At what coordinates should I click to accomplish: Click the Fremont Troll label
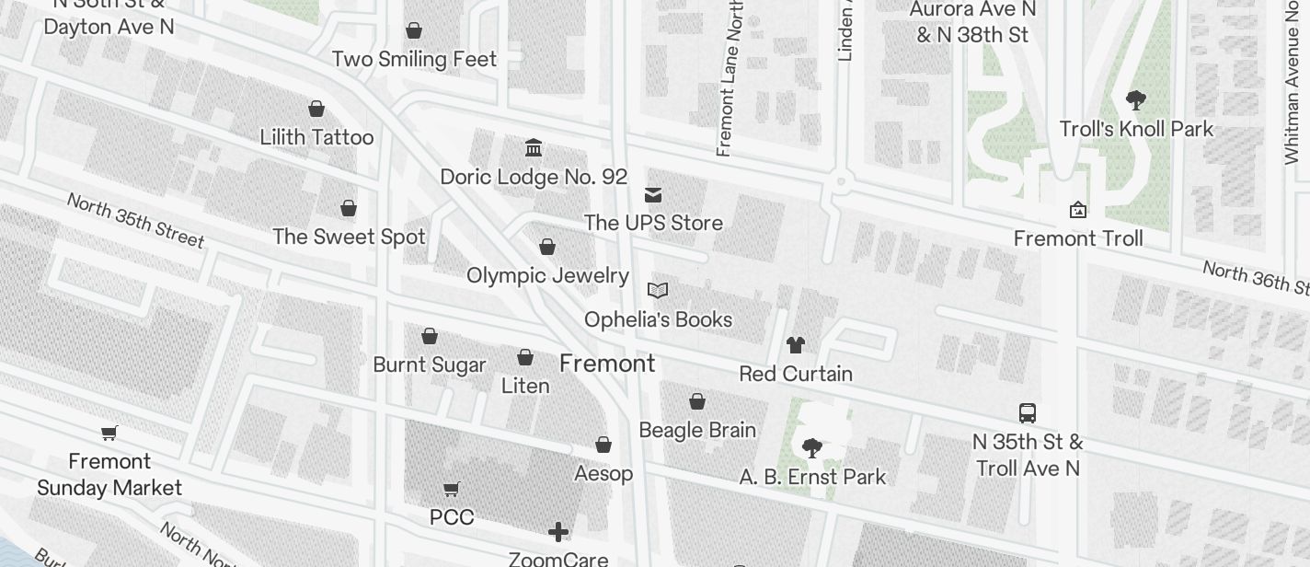tap(1078, 238)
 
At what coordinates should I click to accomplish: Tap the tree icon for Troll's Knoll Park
tap(1136, 100)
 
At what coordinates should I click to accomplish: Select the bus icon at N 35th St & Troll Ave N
tap(1028, 412)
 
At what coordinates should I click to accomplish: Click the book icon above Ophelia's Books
tap(657, 291)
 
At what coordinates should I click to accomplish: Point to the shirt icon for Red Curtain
tap(796, 345)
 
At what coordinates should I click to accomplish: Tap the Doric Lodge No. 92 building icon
tap(534, 147)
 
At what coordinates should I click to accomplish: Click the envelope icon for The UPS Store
tap(653, 194)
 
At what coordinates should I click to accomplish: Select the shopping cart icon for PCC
tap(452, 489)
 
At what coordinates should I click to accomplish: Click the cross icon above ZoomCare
tap(558, 532)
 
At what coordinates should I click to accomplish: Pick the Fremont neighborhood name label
tap(607, 364)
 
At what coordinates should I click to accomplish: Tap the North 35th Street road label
tap(135, 220)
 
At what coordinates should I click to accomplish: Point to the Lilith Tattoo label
tap(316, 137)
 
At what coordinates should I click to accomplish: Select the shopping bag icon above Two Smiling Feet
tap(414, 30)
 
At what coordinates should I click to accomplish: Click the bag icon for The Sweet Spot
tap(349, 208)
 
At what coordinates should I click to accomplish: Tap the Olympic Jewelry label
tap(547, 275)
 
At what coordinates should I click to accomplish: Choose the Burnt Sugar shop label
tap(430, 364)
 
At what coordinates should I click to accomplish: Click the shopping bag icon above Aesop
tap(603, 445)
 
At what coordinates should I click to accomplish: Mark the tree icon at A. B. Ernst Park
tap(811, 448)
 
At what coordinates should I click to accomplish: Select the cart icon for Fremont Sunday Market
tap(109, 433)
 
